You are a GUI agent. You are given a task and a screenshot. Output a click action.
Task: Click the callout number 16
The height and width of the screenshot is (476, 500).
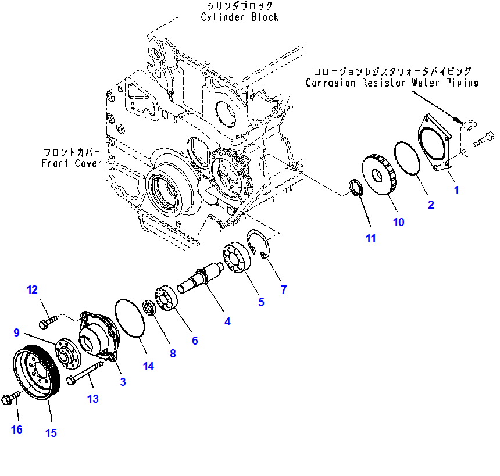17,430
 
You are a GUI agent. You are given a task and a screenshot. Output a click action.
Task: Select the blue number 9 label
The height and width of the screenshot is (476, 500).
17,332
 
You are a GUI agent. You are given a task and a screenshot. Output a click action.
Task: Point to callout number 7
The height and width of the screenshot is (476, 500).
284,289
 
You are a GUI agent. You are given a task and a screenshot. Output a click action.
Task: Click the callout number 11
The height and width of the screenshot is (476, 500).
371,238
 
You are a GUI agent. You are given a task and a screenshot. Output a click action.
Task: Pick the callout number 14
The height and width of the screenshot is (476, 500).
149,366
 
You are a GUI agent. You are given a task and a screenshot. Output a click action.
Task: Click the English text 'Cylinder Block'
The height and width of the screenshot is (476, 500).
240,17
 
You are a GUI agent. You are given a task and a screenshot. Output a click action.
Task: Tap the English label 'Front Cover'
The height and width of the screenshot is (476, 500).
72,163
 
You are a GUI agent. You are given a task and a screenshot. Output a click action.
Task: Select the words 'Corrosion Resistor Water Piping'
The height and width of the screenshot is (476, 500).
392,83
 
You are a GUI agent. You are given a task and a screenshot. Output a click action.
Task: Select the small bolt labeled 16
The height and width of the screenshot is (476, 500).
10,398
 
